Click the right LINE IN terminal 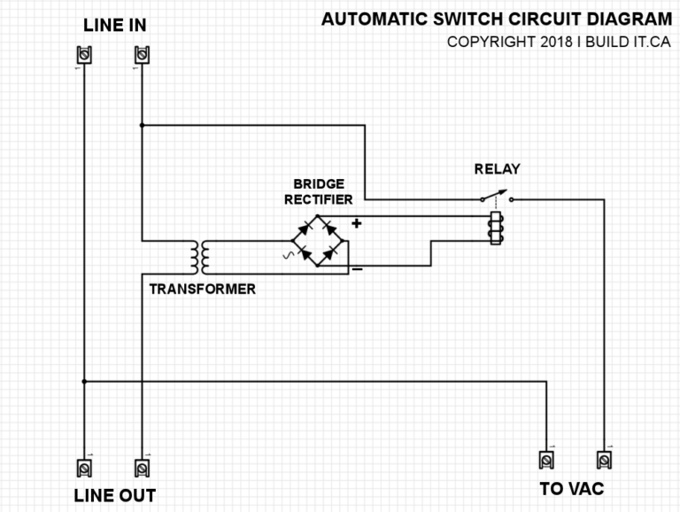[x=141, y=57]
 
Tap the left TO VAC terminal [x=547, y=460]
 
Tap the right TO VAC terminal [x=605, y=460]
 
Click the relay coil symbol [x=496, y=227]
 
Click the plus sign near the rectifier [x=357, y=223]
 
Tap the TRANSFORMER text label [x=202, y=289]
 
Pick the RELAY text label [x=497, y=169]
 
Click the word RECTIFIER [x=319, y=199]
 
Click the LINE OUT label [x=114, y=494]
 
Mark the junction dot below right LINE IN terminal [x=141, y=125]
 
